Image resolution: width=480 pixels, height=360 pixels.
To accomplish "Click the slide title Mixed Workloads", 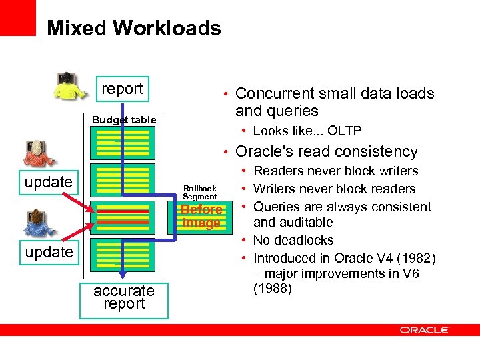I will (133, 28).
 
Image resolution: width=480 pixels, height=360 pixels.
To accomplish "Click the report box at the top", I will (122, 89).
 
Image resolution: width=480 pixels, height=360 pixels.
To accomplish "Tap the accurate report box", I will (123, 297).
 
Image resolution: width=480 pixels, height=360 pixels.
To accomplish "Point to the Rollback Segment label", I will (200, 193).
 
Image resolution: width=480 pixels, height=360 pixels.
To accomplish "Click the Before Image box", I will (201, 216).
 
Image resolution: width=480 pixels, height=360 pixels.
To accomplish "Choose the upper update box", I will (49, 182).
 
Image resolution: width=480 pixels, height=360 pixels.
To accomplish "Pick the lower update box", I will (49, 252).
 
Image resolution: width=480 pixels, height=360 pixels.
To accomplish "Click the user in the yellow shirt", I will (69, 85).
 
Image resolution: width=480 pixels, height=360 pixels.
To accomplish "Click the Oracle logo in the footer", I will (425, 330).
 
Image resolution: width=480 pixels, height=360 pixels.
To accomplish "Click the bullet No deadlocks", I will (293, 240).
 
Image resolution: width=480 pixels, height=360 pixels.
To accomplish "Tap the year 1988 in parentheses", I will (273, 289).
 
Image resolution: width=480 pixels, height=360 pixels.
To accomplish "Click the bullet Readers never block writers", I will (335, 171).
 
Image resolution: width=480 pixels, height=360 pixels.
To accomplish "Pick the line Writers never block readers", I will (335, 189).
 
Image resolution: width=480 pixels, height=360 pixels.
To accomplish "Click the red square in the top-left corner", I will (17, 17).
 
